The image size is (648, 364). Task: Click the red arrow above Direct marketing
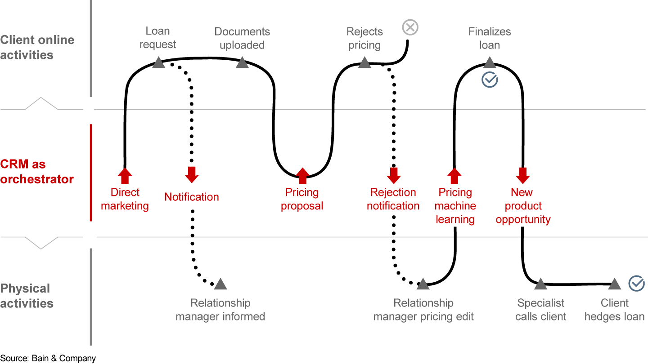tap(125, 176)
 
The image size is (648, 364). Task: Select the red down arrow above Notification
tap(192, 174)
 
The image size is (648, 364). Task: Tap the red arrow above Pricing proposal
tap(302, 176)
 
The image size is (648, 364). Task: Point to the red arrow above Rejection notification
tap(394, 174)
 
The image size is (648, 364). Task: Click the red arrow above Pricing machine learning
tap(454, 176)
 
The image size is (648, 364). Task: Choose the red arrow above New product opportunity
tap(522, 175)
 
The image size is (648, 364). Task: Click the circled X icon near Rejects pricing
tap(409, 27)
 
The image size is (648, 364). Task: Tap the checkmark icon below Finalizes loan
tap(490, 80)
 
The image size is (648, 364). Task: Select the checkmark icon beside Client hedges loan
tap(636, 284)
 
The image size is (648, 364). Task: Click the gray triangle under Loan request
tap(158, 62)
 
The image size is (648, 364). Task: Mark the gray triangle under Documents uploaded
tap(242, 63)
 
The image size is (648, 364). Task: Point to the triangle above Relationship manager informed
tap(220, 284)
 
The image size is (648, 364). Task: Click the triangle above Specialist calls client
tap(540, 284)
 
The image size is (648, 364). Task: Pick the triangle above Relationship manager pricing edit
tap(423, 284)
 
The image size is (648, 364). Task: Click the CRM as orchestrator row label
tap(37, 172)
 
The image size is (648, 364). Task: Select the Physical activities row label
tap(27, 296)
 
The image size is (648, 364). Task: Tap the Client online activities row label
tap(37, 47)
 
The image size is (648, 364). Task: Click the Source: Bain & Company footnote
tap(48, 358)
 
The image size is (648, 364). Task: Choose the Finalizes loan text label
tap(490, 38)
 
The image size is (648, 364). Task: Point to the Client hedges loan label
tap(614, 310)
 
